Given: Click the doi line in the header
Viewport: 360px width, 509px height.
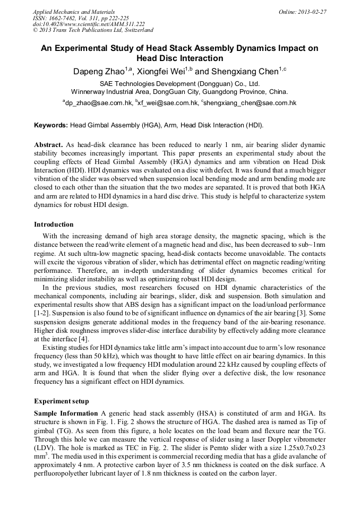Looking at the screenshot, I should [x=89, y=24].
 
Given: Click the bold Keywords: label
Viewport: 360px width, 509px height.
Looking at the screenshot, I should [x=51, y=126].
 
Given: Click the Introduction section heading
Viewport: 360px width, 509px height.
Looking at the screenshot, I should [x=54, y=225].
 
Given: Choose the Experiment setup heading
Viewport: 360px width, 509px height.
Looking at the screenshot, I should [x=61, y=401].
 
